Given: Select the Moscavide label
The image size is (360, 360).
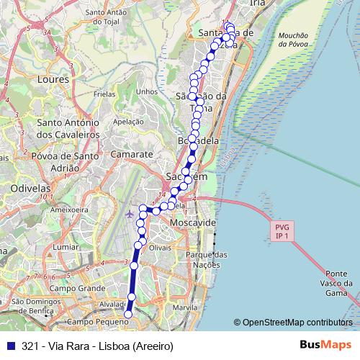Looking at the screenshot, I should tap(193, 224).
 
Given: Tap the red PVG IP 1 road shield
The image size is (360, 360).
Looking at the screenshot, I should tap(280, 231).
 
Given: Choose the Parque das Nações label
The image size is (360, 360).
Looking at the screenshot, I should tap(206, 260).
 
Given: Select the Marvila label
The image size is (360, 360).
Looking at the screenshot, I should tap(185, 307).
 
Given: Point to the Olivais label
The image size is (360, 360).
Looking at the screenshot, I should tap(161, 247).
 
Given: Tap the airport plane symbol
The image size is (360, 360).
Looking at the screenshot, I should tap(129, 214).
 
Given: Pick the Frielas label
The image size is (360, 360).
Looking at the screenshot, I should tap(104, 94).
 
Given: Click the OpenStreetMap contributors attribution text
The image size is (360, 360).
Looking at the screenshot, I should tap(297, 323).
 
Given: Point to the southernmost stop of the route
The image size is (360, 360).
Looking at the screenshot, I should tap(129, 314).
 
